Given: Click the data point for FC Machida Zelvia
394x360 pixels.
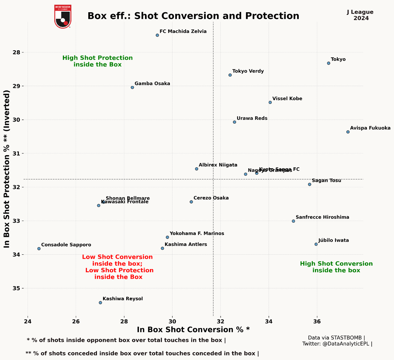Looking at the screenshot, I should click(157, 35).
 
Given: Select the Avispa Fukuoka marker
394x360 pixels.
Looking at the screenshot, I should click(348, 132).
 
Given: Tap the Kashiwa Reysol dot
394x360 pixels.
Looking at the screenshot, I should click(100, 302).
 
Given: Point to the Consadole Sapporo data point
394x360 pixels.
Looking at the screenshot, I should click(39, 248).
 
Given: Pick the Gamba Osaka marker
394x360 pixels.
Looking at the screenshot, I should click(132, 87).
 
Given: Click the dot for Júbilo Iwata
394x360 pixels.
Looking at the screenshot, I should click(316, 244).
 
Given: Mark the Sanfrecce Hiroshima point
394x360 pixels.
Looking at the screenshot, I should click(293, 221).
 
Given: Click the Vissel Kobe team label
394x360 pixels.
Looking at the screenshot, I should click(287, 99).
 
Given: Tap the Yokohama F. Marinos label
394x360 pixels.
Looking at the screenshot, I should click(197, 234).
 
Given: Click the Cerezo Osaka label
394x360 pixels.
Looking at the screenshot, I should click(211, 198).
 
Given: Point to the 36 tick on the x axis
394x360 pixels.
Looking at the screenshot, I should click(317, 322).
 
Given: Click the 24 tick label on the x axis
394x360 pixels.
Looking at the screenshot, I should click(28, 322).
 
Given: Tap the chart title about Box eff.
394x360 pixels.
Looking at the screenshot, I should click(193, 16).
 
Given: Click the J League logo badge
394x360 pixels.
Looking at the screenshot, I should click(62, 17).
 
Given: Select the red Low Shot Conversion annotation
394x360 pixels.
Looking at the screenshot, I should click(118, 267).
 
